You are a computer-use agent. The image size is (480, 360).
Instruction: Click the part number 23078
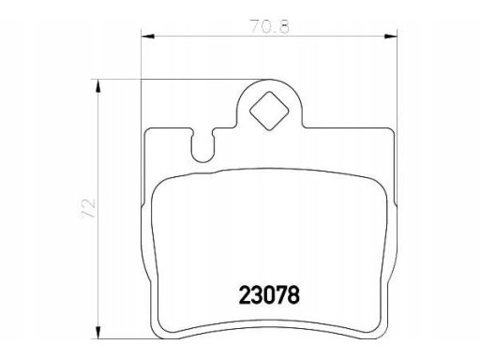click(269, 295)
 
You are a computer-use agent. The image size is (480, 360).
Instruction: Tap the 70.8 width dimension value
click(270, 26)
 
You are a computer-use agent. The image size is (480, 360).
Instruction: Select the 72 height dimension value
click(88, 208)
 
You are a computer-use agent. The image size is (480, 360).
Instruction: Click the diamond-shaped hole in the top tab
click(269, 111)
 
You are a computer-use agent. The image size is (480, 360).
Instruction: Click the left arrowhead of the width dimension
click(148, 37)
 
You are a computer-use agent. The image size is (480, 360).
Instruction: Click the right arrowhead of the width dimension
click(391, 37)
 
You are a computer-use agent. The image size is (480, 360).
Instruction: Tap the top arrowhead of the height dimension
click(98, 86)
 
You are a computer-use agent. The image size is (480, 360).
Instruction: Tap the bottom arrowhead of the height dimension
click(98, 332)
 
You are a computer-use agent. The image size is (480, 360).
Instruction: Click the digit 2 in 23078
click(245, 295)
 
